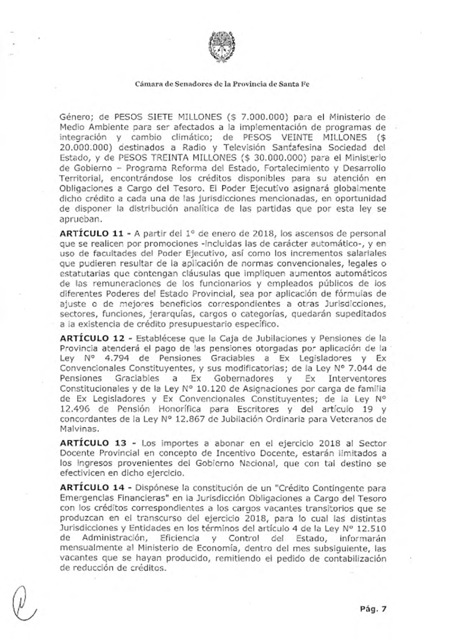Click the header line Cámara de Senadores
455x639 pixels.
point(222,84)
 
